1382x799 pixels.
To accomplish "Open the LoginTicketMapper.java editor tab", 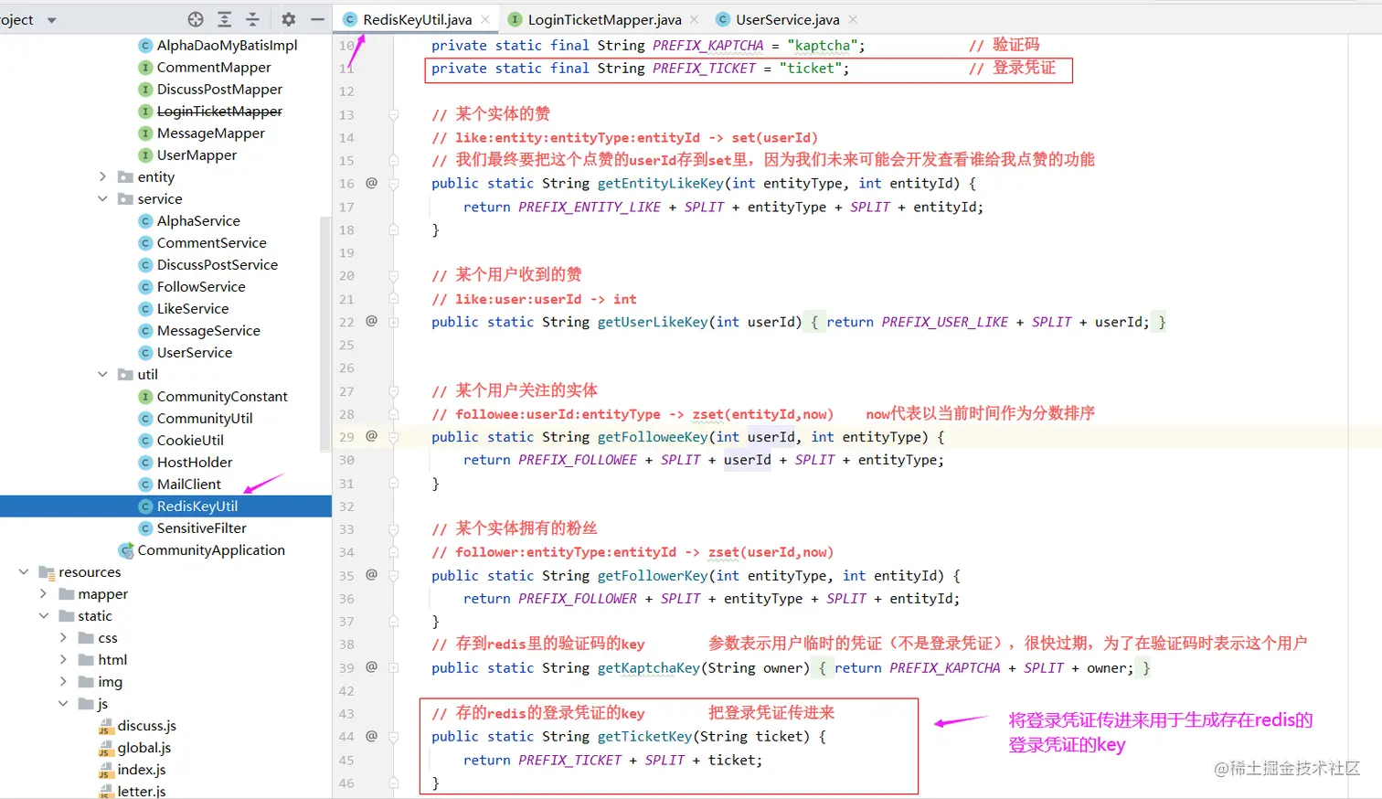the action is tap(604, 19).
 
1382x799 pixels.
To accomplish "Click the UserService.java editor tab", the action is tap(787, 19).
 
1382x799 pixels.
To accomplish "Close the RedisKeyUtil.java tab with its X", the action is tap(485, 19).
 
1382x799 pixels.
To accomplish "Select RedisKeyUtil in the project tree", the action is tap(197, 506).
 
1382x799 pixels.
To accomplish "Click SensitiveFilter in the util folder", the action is tap(201, 528).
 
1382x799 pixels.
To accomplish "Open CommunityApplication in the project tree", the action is tap(210, 550).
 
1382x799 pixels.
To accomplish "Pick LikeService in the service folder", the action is tap(192, 309).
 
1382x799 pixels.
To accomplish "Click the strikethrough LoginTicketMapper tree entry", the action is tap(219, 112).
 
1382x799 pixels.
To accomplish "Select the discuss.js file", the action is tap(146, 726).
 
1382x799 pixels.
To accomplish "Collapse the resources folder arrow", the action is tap(24, 572).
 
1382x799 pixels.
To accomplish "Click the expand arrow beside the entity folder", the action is tap(102, 177).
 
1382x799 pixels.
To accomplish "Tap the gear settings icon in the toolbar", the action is tap(289, 19).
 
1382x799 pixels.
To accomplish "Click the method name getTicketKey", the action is tap(644, 737).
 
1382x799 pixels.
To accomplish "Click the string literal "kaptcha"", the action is tap(822, 46).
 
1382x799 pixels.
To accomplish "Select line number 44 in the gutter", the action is tap(346, 737).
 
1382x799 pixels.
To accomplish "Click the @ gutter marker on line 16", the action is tap(371, 183).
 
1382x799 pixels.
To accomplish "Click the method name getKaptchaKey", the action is tap(648, 668).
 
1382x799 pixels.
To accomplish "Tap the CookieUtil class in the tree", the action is tap(189, 441).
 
